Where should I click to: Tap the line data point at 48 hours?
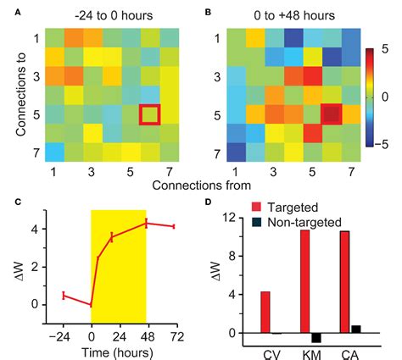[x=146, y=223]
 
